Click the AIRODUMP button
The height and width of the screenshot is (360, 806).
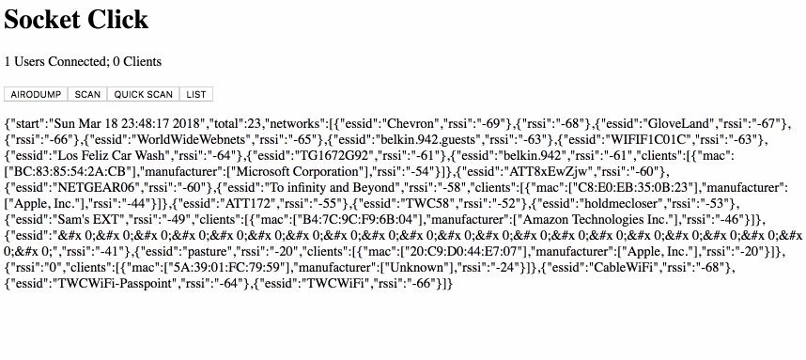click(x=36, y=95)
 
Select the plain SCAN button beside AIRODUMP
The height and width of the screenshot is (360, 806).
click(x=87, y=95)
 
